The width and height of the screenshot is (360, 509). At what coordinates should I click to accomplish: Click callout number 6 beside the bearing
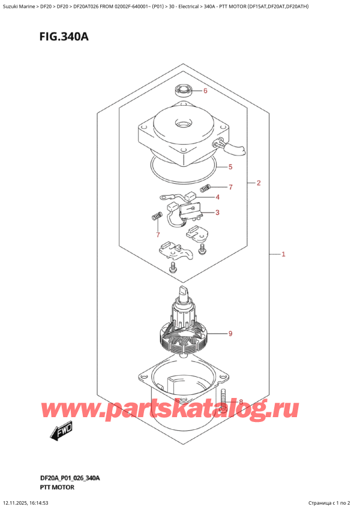(205, 92)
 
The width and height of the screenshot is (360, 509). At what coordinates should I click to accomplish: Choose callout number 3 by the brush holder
(217, 212)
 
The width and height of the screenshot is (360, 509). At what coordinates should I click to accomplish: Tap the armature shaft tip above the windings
(182, 292)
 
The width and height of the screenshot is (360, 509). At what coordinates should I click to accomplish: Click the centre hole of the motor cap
(181, 125)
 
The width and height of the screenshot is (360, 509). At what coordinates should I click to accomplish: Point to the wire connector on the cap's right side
(228, 143)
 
